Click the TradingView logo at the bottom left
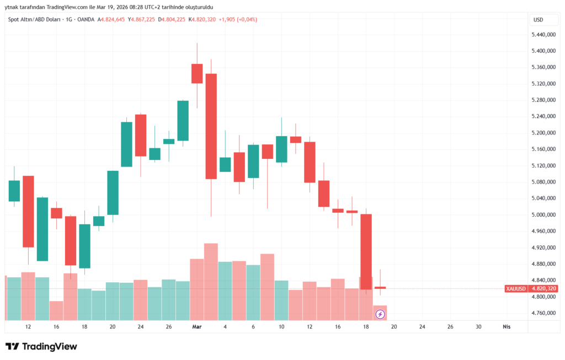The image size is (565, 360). pyautogui.click(x=41, y=346)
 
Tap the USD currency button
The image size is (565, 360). pyautogui.click(x=537, y=20)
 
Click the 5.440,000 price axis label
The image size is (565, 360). pyautogui.click(x=543, y=35)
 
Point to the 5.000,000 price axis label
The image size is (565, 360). pyautogui.click(x=543, y=215)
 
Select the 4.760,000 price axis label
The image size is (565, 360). pyautogui.click(x=543, y=313)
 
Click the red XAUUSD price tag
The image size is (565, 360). pyautogui.click(x=516, y=288)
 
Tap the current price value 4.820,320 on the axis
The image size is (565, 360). pyautogui.click(x=543, y=288)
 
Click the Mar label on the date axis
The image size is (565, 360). pyautogui.click(x=197, y=327)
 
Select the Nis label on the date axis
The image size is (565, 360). pyautogui.click(x=507, y=327)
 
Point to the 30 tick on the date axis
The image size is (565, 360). pyautogui.click(x=478, y=327)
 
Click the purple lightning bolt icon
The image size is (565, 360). pyautogui.click(x=380, y=314)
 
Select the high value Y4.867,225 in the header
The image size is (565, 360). pyautogui.click(x=141, y=20)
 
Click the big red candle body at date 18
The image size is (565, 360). pyautogui.click(x=366, y=251)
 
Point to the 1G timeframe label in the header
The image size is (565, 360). pyautogui.click(x=69, y=20)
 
